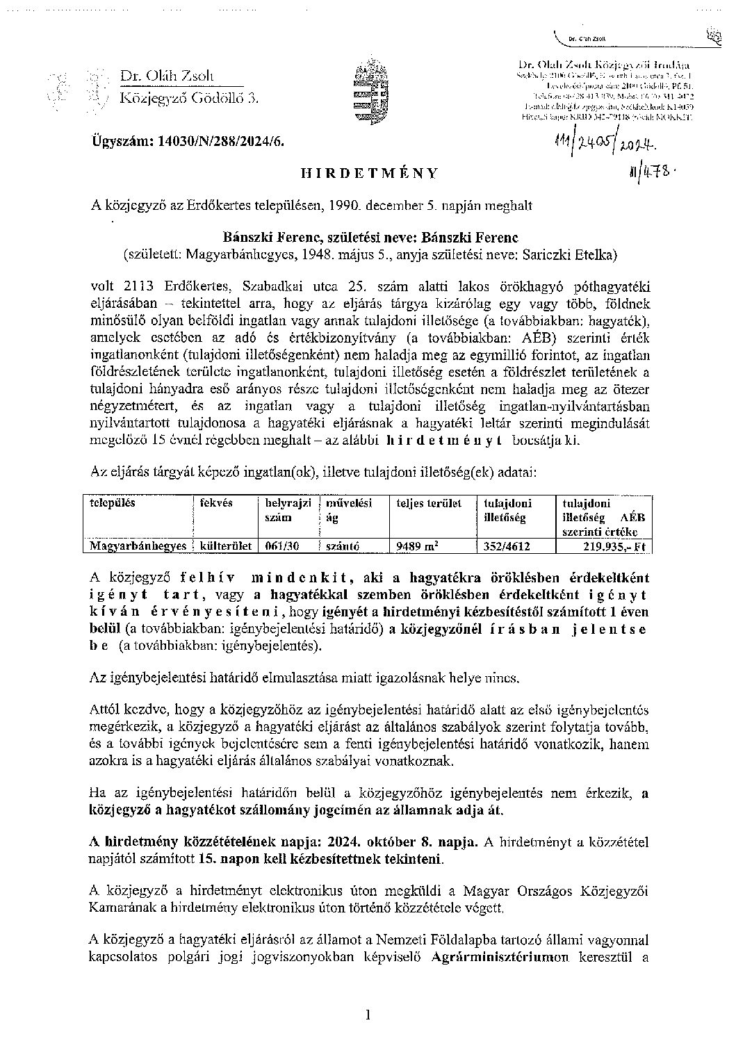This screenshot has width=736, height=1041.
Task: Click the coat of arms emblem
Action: [368, 93]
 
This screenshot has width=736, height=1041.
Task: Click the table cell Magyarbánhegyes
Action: [138, 546]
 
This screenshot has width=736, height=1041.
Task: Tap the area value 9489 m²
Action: [416, 546]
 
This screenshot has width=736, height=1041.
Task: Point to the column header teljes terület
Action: [429, 502]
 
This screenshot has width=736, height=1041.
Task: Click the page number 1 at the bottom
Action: [368, 1015]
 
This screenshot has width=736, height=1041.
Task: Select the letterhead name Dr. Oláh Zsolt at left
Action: [167, 76]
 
